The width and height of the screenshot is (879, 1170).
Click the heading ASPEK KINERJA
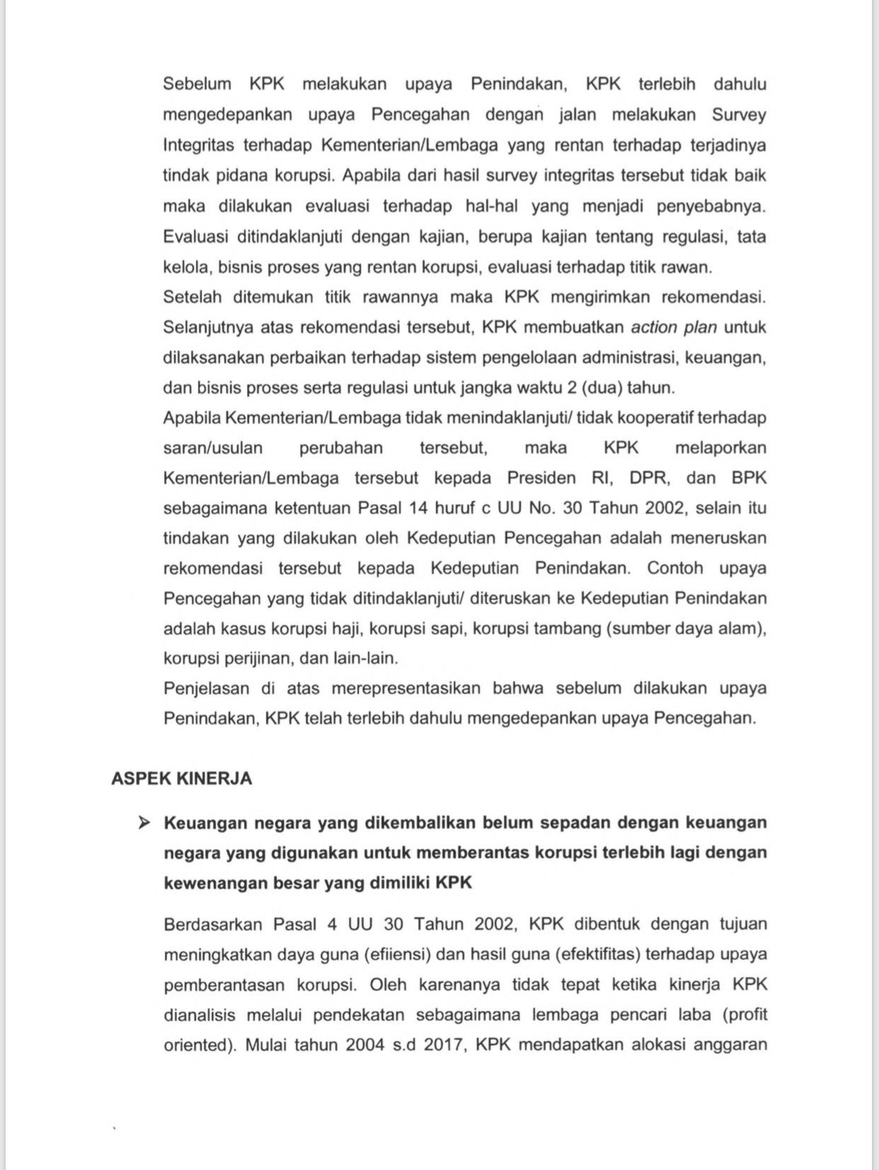point(181,778)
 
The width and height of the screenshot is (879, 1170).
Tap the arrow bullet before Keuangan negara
point(144,822)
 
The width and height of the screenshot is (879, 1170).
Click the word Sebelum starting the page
point(197,84)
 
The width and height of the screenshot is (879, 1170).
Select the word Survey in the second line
point(738,115)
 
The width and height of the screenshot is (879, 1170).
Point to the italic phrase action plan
point(674,327)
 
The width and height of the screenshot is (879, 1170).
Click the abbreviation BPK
point(749,478)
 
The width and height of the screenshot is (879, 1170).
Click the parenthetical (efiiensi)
point(398,954)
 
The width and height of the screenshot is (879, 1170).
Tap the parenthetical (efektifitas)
point(597,954)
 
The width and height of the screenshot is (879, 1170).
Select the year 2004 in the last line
point(365,1045)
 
